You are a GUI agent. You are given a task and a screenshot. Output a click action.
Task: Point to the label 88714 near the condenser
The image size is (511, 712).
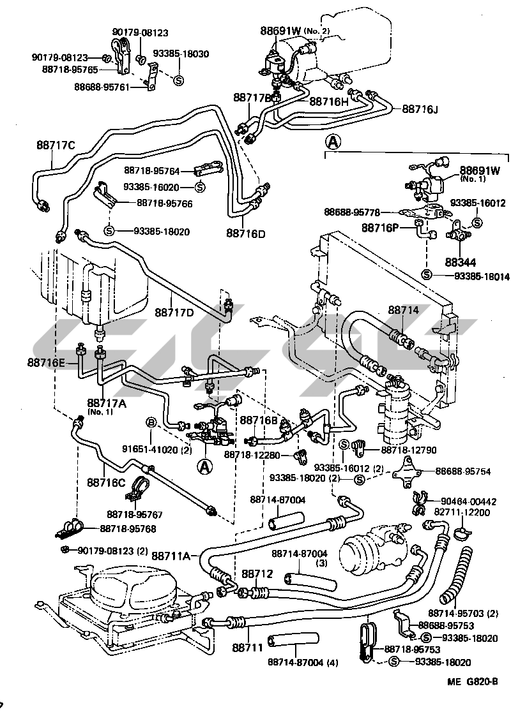[x=403, y=310]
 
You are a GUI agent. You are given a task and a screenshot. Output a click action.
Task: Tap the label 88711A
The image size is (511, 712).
[x=171, y=556]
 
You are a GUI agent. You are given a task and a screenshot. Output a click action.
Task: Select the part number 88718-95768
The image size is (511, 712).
[x=128, y=529]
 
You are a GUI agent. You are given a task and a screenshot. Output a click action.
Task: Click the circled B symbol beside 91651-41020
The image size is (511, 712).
[x=151, y=422]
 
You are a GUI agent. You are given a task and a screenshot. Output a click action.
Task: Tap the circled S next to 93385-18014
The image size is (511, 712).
[x=427, y=275]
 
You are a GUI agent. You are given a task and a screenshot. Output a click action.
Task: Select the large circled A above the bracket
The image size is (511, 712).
[x=332, y=141]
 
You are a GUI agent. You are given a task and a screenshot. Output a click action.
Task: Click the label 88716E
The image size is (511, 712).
[x=46, y=362]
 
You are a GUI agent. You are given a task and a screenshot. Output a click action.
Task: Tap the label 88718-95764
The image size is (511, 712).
[x=151, y=171]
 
